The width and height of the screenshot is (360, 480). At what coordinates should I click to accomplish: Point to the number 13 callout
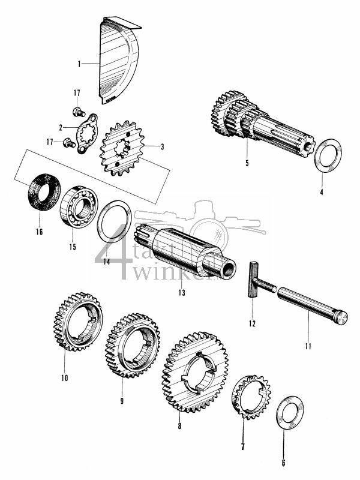click(182, 293)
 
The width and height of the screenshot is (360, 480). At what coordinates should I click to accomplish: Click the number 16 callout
click(40, 232)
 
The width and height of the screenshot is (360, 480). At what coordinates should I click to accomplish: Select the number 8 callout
click(179, 427)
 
